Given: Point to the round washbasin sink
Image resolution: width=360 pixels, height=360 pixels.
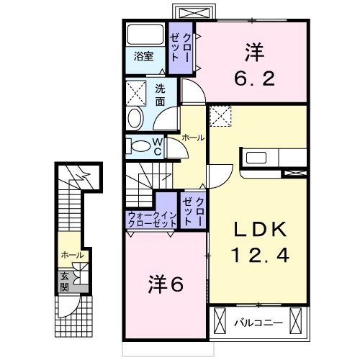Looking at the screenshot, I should (135, 119).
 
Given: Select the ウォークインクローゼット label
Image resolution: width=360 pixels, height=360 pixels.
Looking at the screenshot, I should (152, 220).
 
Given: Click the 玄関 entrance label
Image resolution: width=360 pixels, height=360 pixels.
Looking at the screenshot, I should (65, 279).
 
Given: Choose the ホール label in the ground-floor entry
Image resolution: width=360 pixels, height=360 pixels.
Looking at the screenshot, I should (71, 255).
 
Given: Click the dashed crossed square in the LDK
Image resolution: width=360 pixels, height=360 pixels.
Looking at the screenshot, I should (220, 116).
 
